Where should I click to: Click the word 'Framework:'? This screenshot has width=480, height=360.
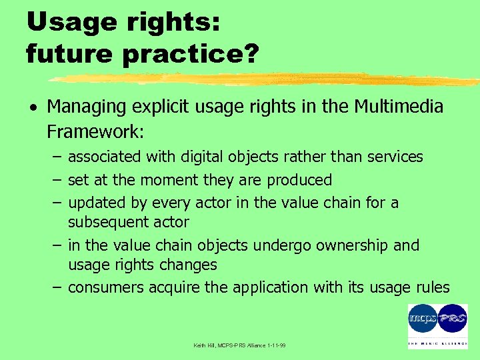click(95, 131)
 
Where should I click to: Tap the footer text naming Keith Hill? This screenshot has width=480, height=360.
click(239, 345)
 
